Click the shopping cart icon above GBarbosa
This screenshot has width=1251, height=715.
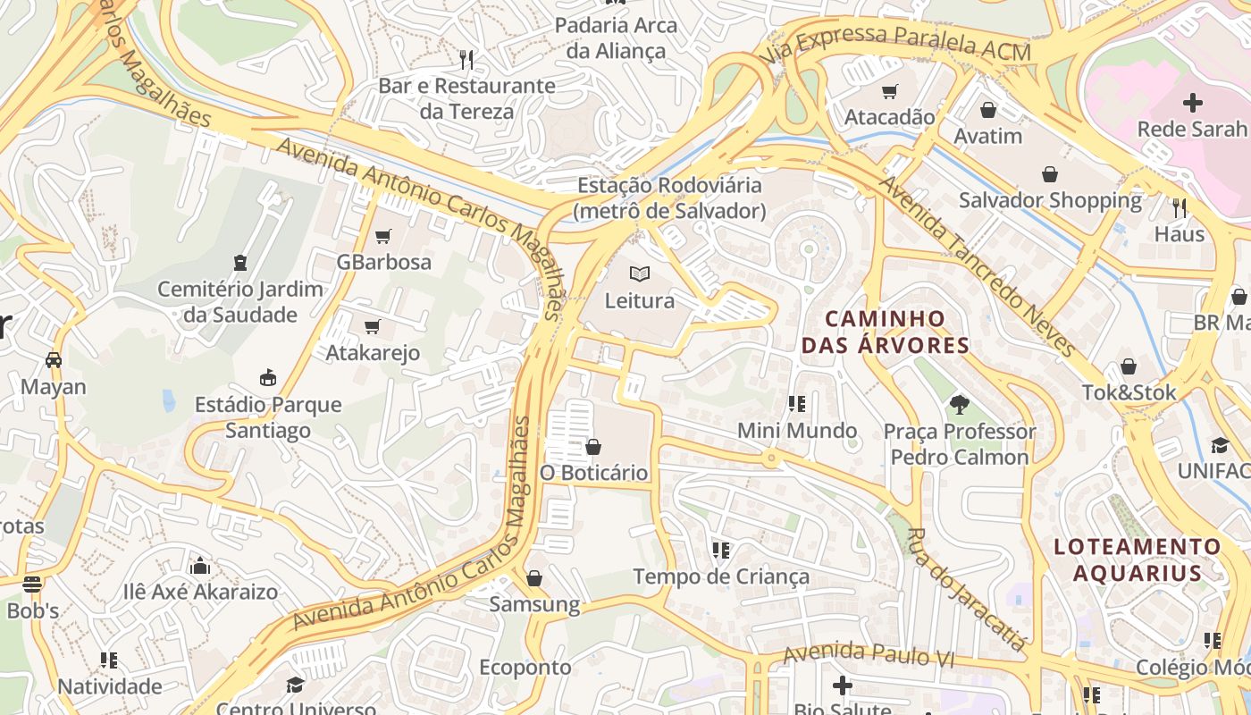383,236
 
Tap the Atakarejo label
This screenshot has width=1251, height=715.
373,353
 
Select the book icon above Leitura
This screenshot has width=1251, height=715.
640,273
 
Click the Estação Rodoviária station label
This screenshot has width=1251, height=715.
670,198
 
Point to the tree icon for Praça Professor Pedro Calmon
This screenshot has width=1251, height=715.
960,405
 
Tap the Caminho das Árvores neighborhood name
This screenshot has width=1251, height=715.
885,332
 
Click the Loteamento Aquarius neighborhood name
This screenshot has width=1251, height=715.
1138,559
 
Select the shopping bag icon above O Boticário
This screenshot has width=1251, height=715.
593,446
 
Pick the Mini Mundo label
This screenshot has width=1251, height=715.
797,431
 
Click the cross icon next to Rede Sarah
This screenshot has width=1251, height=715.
1193,103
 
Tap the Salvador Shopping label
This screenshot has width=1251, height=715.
1050,200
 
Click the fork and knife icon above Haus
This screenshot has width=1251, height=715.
1180,208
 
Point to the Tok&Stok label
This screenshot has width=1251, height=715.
1129,392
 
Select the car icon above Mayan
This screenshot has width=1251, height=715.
54,360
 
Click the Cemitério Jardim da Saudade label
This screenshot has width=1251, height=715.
240,302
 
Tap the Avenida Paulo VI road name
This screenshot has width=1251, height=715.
869,656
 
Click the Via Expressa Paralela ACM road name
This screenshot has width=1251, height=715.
896,45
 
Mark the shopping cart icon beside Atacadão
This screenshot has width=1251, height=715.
889,91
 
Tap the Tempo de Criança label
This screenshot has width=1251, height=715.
721,577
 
